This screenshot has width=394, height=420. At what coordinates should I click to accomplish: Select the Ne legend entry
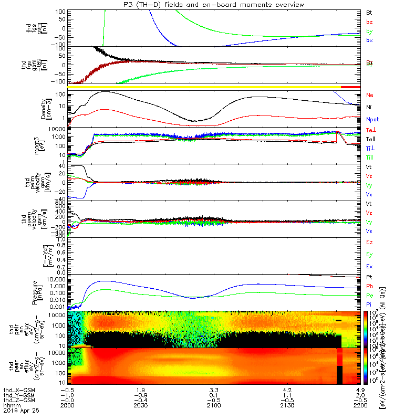pos(369,95)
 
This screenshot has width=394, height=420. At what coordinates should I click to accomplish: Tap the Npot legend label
pos(372,119)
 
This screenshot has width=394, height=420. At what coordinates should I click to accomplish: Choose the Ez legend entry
pos(369,242)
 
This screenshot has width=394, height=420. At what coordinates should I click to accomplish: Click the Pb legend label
pos(369,286)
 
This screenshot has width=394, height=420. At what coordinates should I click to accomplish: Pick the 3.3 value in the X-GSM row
pos(213,390)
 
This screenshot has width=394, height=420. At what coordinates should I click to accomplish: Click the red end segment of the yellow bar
pos(350,87)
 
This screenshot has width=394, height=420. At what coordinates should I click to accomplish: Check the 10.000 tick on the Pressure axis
pos(59,279)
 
